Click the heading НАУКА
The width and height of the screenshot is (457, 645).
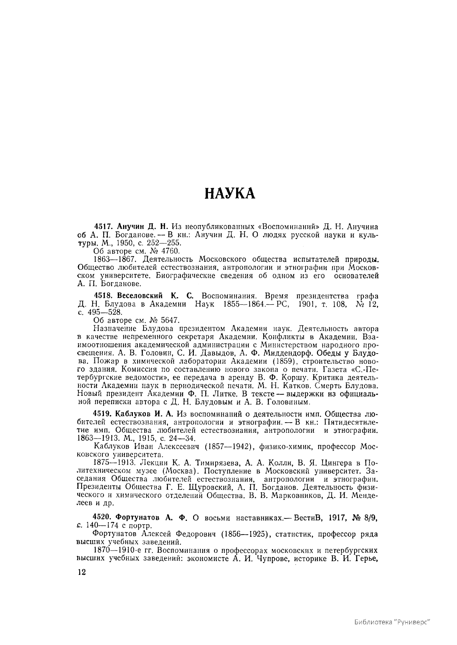point(230,193)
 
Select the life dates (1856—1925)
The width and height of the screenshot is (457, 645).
point(245,534)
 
